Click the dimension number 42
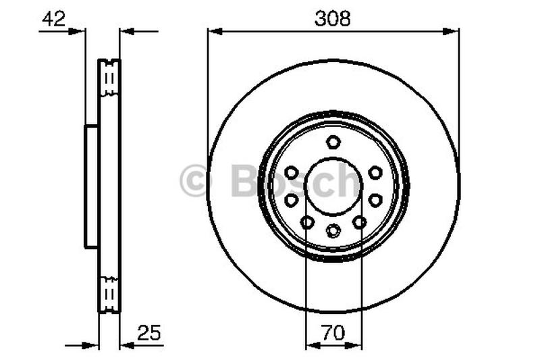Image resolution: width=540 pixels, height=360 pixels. (x=53, y=19)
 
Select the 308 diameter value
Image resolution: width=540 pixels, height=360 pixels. (x=333, y=19)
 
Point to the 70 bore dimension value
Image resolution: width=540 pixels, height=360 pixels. (x=333, y=332)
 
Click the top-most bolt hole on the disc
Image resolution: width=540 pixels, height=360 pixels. (x=333, y=142)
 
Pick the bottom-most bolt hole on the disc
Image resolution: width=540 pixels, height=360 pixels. (x=333, y=231)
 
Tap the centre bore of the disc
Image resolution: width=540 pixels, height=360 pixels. (x=333, y=187)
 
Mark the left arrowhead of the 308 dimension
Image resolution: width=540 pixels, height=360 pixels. (x=212, y=30)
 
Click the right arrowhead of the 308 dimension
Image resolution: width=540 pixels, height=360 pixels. (x=454, y=30)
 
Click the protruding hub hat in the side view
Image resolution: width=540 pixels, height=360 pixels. (x=91, y=186)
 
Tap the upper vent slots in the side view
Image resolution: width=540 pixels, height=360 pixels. (x=109, y=79)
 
